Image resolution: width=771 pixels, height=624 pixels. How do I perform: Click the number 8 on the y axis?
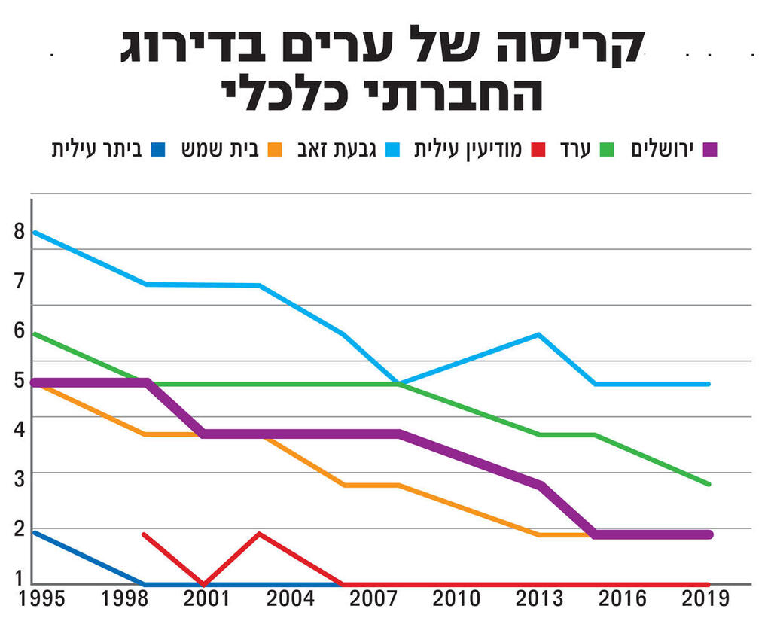pyautogui.click(x=19, y=231)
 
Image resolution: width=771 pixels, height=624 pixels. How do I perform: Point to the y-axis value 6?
pyautogui.click(x=19, y=330)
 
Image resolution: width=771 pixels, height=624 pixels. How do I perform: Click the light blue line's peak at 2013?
pyautogui.click(x=539, y=334)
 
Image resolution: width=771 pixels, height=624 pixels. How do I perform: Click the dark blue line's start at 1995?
pyautogui.click(x=34, y=533)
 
